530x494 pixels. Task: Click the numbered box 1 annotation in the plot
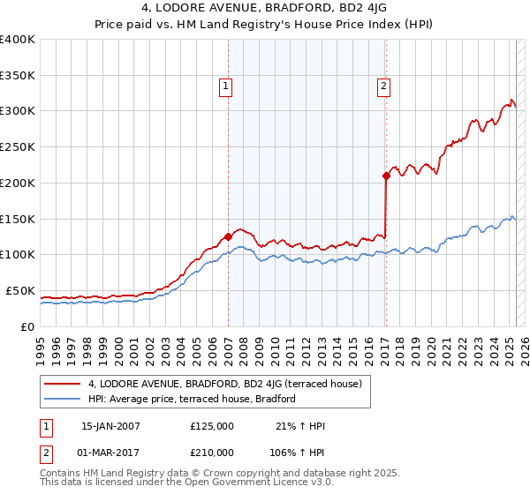click(226, 86)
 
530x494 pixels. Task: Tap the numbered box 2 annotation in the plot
click(384, 86)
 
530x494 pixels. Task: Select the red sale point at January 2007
click(228, 236)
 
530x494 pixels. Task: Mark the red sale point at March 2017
click(386, 176)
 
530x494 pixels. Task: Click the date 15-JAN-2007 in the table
click(110, 426)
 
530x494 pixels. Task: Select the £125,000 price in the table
click(212, 426)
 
